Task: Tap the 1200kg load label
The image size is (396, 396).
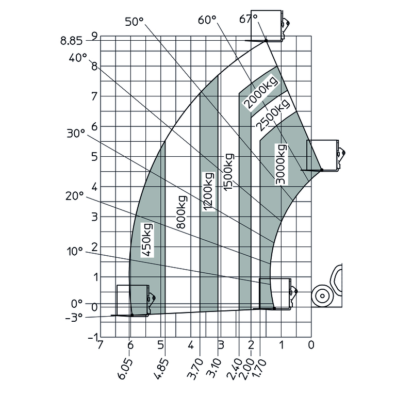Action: pos(208,191)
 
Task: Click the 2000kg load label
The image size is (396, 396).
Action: pos(260,93)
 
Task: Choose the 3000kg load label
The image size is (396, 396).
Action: pos(281,164)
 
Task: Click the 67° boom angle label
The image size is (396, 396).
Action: pos(248,19)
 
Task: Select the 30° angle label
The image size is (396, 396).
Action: pos(75,133)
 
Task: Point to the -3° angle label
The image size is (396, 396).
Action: pos(74,317)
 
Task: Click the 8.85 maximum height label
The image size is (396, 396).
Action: pos(72,39)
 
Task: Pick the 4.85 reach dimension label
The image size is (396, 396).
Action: pos(160,368)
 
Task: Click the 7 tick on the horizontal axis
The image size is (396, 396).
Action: pos(101,344)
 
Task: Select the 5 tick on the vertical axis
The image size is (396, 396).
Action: pos(94,157)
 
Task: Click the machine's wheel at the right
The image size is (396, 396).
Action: pos(322,296)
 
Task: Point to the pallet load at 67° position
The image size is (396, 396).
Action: pos(266,25)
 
